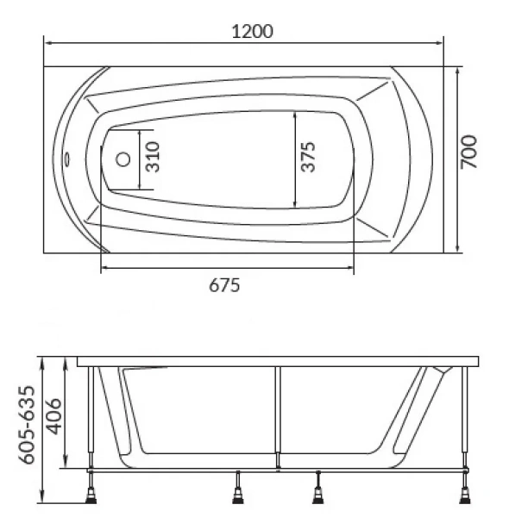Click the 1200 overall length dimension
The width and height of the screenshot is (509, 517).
253,32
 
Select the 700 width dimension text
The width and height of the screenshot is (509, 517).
468,152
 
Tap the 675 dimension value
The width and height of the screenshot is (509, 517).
224,285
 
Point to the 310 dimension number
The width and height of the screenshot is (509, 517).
153,157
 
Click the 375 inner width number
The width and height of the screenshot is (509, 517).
308,157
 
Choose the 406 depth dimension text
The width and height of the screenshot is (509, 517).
53,417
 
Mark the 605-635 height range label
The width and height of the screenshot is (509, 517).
26,425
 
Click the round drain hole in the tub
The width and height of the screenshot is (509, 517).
123,159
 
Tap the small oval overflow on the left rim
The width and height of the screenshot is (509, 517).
67,159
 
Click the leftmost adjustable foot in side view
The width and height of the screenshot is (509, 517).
91,495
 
